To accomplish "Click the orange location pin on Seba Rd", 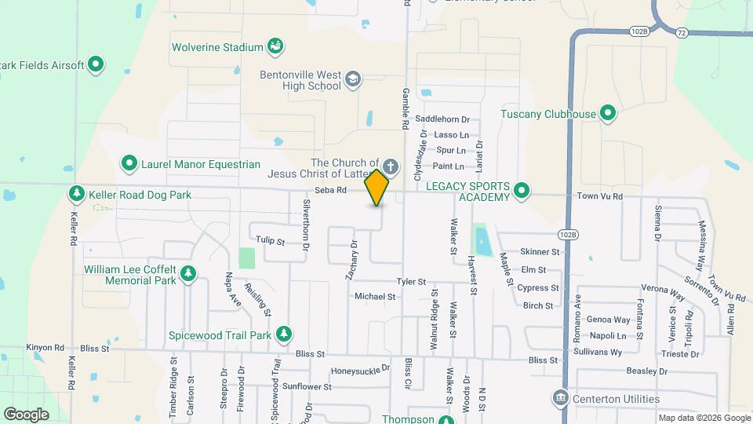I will [377, 187].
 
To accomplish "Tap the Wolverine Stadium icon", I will [275, 47].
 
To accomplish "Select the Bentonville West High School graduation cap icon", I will [353, 79].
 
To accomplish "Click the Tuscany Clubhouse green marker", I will [608, 114].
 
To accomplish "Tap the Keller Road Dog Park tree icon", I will [77, 194].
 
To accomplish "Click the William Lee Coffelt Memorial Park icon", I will [188, 273].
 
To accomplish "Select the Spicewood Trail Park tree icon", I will [283, 334].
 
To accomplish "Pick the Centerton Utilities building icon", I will [560, 399].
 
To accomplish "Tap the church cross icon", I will [391, 167].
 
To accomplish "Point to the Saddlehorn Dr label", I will [442, 119].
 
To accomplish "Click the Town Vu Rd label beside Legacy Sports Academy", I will [598, 196].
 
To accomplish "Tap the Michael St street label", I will [375, 297].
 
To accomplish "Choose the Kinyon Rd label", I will [45, 347].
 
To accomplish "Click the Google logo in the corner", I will [26, 414].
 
